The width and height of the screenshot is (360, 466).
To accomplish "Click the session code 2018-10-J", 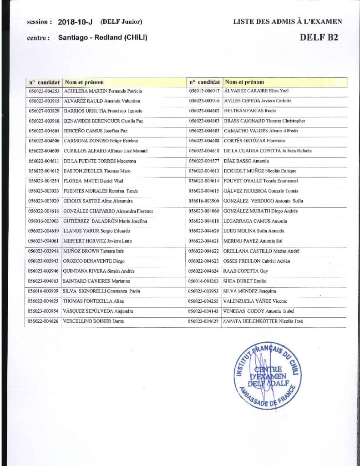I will [76, 21].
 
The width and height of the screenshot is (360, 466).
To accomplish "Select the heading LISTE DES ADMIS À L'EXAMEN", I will [288, 21].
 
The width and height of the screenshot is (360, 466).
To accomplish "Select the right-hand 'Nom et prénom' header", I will [244, 82].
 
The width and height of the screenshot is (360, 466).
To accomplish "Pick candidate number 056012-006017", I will [204, 91].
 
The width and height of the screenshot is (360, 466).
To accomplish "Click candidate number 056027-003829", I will [44, 111].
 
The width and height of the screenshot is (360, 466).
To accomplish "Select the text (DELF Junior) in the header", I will [122, 21].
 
